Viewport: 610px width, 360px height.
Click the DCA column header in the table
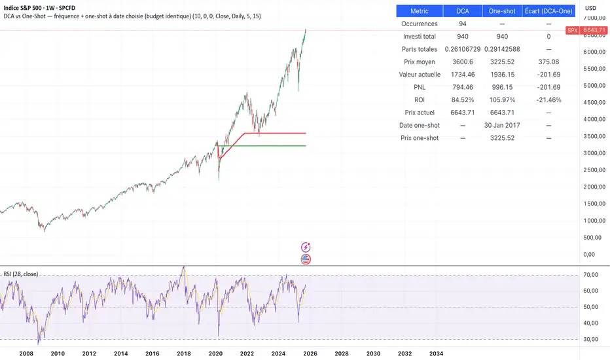(462, 11)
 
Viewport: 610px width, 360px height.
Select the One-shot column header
(502, 11)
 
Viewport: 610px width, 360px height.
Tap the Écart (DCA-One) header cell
(548, 11)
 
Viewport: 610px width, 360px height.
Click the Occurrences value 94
(462, 24)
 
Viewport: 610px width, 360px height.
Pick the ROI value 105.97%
(502, 100)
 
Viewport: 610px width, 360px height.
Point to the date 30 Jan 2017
(502, 125)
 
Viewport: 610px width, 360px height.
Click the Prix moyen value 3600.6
(462, 62)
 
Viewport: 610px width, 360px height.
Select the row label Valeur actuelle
(420, 75)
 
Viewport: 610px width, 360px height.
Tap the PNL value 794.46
(462, 87)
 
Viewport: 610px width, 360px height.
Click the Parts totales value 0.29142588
(502, 49)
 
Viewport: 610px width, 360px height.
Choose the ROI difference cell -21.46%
(548, 100)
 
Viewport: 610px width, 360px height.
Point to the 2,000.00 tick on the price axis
(594, 187)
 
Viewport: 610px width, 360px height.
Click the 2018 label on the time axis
(184, 353)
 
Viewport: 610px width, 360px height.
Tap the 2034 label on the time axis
(437, 353)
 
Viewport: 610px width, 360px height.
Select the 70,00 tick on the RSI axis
(592, 275)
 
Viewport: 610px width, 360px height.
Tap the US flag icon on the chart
(306, 259)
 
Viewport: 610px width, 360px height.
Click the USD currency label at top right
(590, 8)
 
